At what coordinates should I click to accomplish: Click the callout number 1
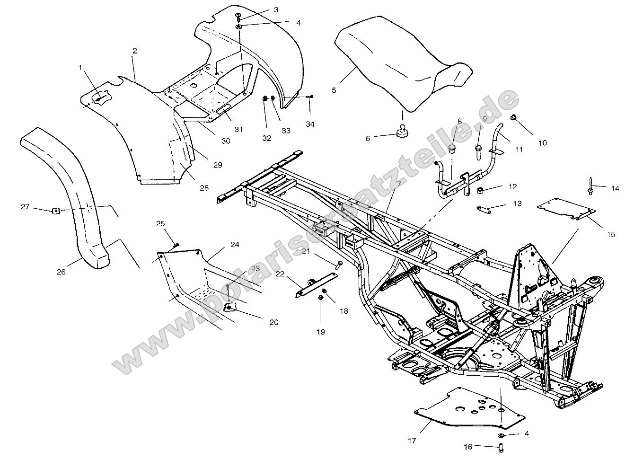[80, 68]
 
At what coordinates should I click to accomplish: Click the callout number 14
[615, 188]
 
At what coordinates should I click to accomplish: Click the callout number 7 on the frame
[399, 183]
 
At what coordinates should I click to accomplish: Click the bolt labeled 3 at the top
[238, 17]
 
